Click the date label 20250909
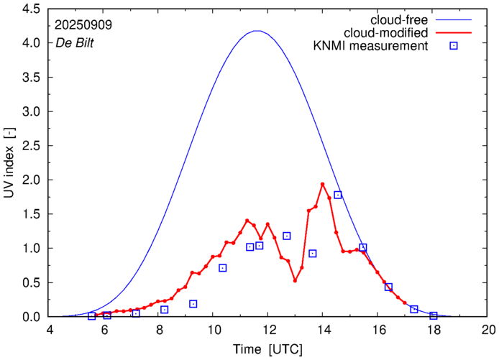point(84,24)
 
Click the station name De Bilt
point(75,42)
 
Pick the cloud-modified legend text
point(386,33)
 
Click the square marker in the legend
point(454,47)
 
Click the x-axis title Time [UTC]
point(268,349)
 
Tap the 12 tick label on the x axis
point(268,330)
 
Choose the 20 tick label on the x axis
point(488,330)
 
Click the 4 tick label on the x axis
point(50,330)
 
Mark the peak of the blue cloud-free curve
point(257,31)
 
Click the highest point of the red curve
point(322,184)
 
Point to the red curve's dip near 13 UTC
point(295,280)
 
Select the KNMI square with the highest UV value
point(337,195)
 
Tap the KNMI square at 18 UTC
point(434,315)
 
